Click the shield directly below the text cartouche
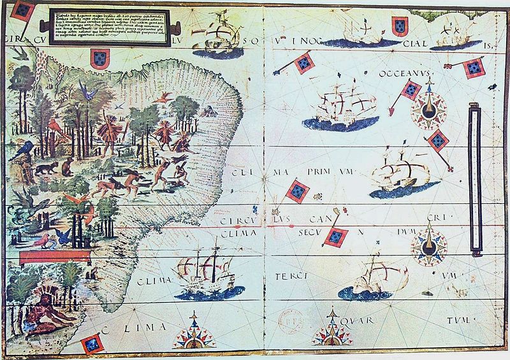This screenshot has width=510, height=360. [x=99, y=59]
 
